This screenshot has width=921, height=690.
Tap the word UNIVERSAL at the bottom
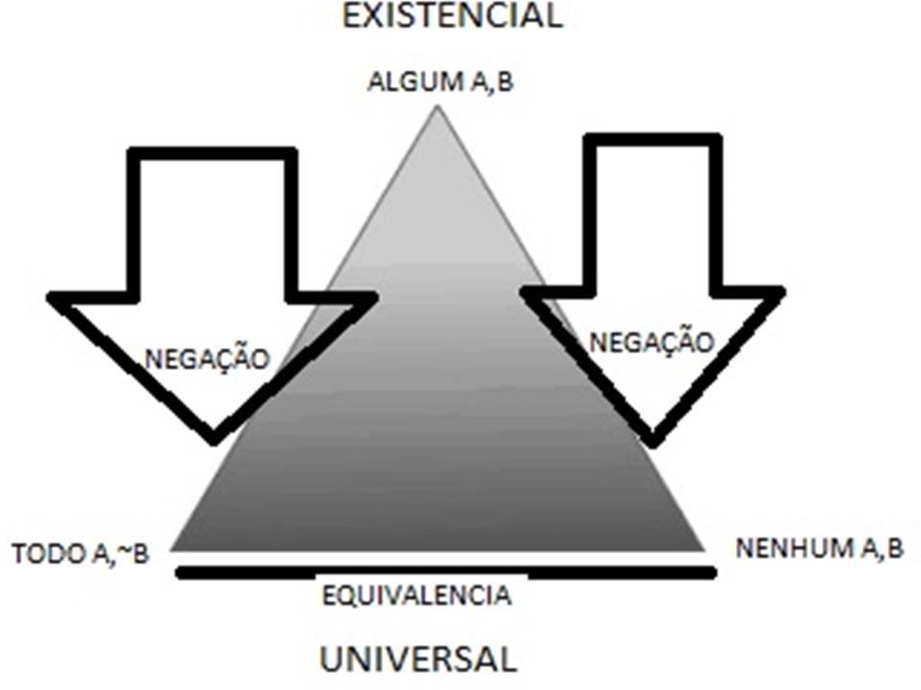(417, 658)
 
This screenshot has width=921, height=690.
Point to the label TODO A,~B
(81, 555)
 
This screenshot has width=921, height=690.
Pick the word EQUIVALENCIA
(416, 595)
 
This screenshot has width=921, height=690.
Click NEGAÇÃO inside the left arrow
(207, 359)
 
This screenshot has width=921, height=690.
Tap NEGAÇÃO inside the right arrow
(651, 342)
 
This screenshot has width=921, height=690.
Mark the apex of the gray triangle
(437, 107)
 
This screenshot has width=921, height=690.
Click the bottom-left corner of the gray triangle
(174, 548)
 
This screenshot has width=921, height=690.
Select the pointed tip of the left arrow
(213, 439)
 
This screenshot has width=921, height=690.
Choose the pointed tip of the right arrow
(652, 441)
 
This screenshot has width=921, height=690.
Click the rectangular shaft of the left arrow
(212, 225)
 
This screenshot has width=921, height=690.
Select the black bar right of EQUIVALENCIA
(621, 573)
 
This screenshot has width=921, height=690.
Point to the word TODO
(44, 555)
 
